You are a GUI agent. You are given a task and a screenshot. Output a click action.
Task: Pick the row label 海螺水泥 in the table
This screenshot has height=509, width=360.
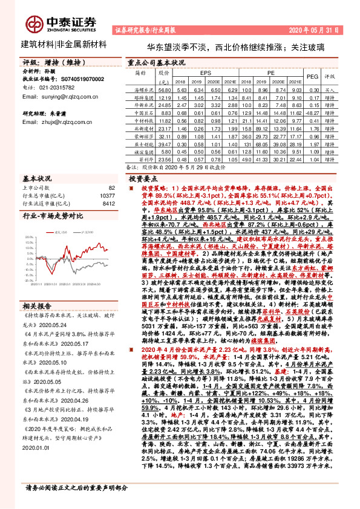tap(140, 89)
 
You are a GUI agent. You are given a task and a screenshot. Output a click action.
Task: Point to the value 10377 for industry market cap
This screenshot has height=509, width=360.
tap(106, 196)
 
